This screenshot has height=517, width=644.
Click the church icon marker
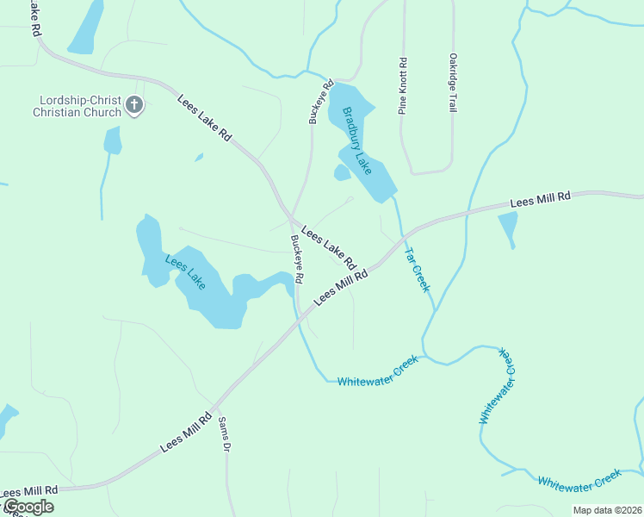point(133,105)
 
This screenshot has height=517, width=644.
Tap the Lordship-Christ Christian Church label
point(77,106)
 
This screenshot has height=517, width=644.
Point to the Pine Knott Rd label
point(402,86)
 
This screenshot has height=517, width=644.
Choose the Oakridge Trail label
point(452,83)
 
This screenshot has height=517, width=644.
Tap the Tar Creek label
point(417,270)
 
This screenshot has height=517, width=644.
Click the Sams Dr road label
point(225,434)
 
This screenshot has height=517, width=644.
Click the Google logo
point(28,507)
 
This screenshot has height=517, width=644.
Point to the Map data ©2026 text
point(606,510)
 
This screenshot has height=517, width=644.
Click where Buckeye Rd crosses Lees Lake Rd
point(289,216)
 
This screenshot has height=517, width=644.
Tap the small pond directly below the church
point(112,140)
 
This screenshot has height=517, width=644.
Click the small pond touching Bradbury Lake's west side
point(342,173)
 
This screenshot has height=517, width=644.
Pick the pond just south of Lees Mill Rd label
point(508,227)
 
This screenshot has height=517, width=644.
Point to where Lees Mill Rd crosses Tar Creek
point(402,236)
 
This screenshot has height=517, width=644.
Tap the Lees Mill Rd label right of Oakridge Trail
point(540,198)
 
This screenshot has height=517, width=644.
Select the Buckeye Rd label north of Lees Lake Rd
point(314,103)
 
